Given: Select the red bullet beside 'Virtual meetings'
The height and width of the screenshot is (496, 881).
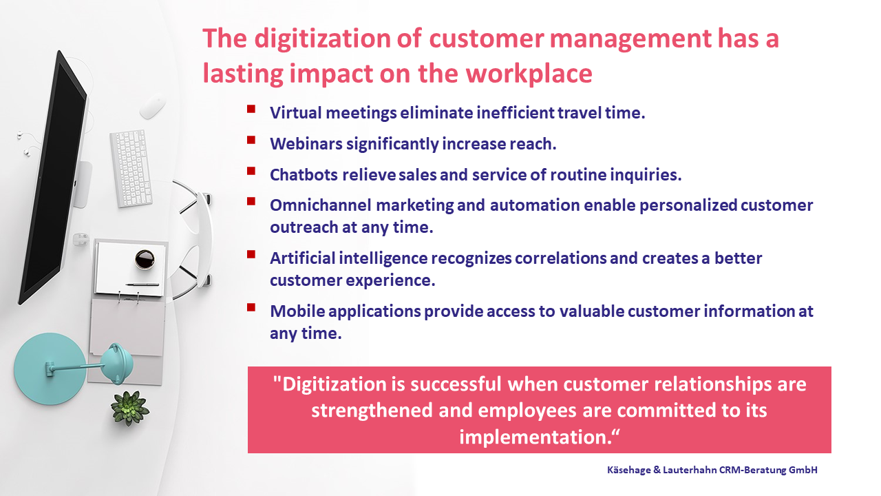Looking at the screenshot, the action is click(x=251, y=109).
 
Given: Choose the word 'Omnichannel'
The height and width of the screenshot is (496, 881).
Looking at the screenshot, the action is click(x=321, y=205).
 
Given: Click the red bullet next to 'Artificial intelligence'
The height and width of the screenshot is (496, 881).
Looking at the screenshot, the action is click(x=251, y=254).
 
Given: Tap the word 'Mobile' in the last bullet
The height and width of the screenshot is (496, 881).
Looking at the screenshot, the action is click(x=297, y=311).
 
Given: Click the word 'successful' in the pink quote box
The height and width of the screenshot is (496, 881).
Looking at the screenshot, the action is click(x=456, y=384).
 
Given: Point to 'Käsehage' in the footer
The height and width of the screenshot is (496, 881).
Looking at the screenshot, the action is click(x=629, y=470).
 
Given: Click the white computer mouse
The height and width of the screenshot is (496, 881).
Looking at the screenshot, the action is click(x=153, y=105).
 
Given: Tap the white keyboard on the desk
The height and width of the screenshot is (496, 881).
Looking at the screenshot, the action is click(x=131, y=168).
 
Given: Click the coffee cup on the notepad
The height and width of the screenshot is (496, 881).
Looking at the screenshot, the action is click(x=145, y=260).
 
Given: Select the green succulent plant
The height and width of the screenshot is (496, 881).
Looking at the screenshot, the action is click(x=129, y=408).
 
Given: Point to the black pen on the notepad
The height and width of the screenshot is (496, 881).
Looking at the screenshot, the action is click(x=142, y=285).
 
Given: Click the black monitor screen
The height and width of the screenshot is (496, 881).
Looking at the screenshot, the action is click(x=53, y=177).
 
